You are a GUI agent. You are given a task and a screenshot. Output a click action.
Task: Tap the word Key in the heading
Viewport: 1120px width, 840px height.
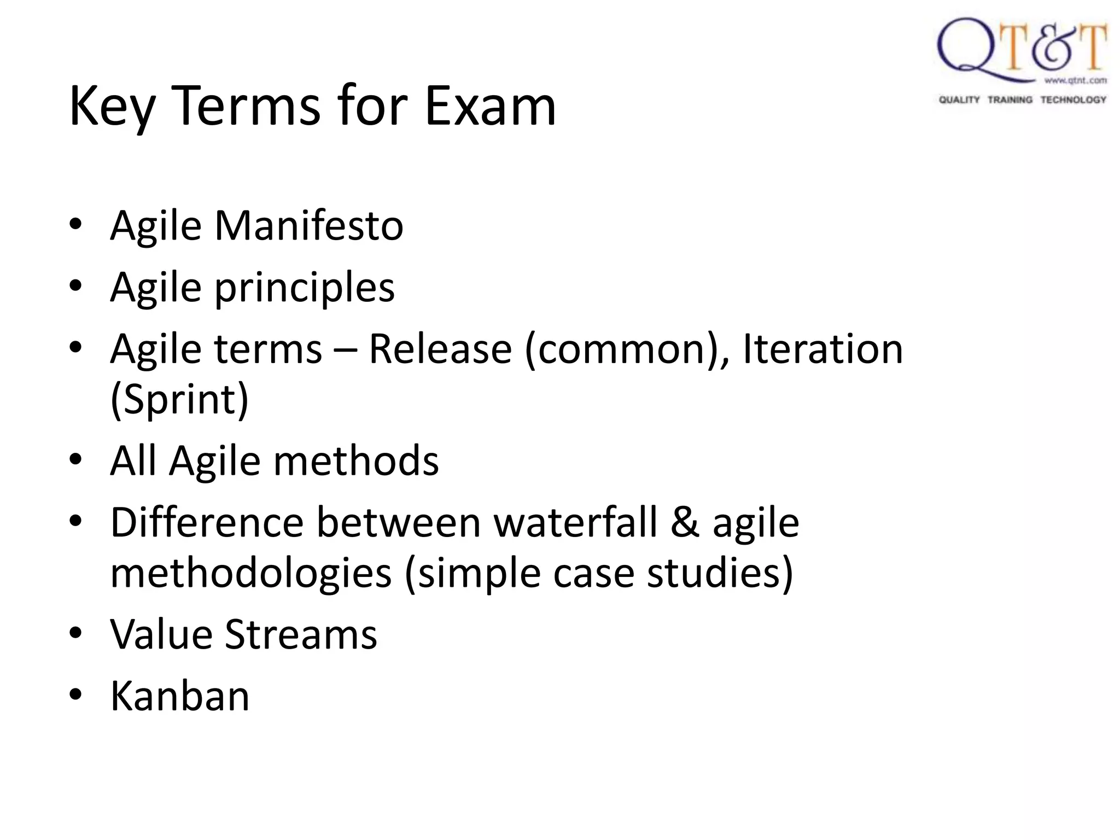[x=112, y=107]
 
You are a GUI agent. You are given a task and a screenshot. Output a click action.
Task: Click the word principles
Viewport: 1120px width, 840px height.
[x=304, y=288]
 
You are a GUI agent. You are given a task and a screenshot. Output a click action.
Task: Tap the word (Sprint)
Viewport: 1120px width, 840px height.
[x=179, y=400]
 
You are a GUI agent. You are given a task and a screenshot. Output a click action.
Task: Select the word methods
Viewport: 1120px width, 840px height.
[x=356, y=461]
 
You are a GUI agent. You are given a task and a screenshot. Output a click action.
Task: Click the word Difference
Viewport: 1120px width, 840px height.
[x=207, y=523]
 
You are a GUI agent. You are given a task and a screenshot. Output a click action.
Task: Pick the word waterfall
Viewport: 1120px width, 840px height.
[x=576, y=523]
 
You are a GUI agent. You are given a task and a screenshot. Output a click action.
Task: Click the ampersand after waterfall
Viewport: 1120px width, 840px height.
[x=685, y=523]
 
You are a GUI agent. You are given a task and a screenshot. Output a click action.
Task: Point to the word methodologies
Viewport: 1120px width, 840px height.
[x=251, y=574]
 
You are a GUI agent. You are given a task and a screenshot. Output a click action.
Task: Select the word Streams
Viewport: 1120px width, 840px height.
[x=301, y=634]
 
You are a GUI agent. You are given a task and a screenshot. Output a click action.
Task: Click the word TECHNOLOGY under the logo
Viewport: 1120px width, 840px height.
[x=1073, y=100]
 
